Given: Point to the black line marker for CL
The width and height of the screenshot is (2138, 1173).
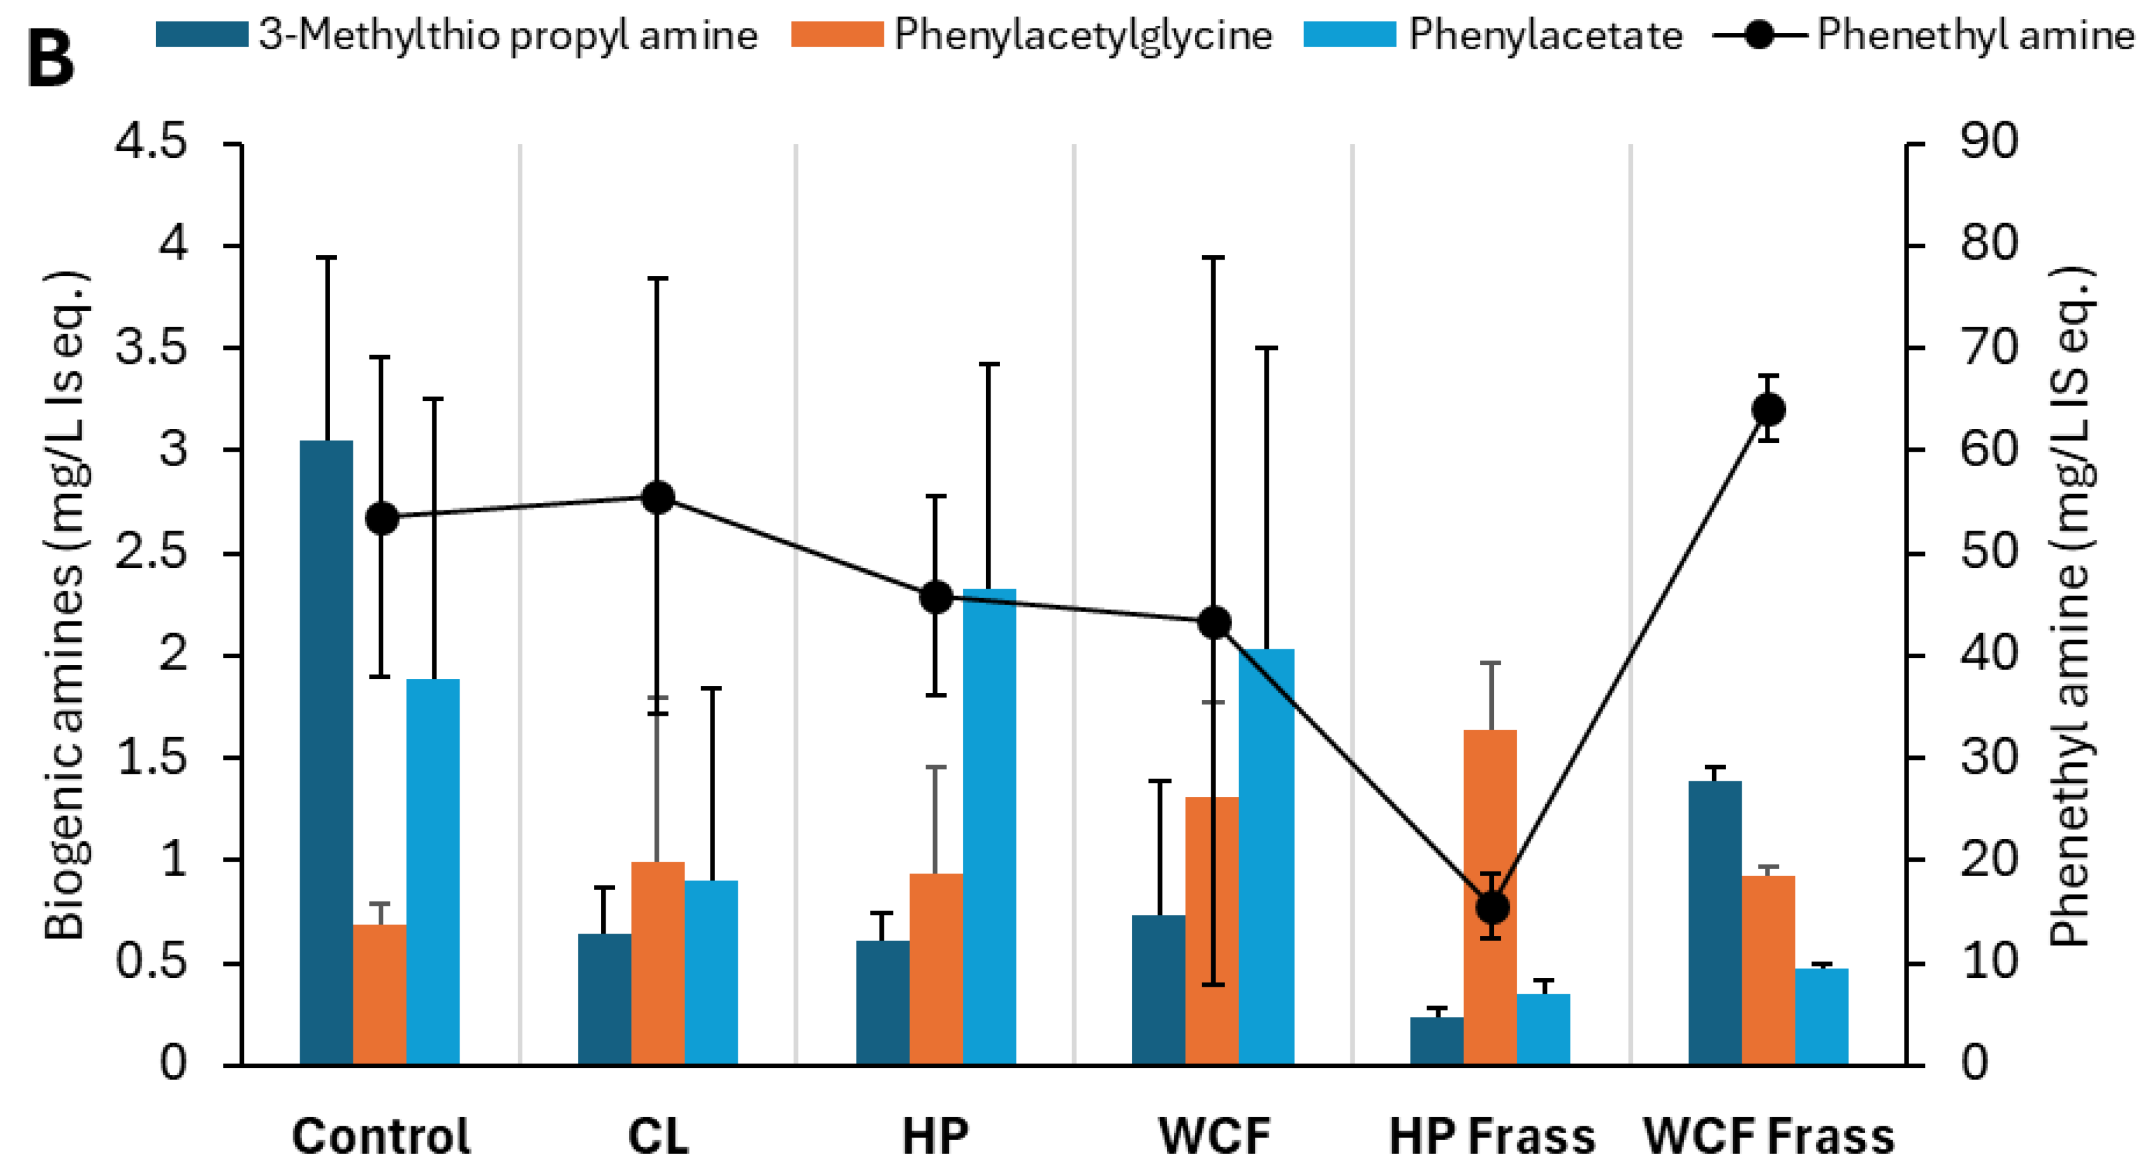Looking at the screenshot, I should pyautogui.click(x=658, y=498).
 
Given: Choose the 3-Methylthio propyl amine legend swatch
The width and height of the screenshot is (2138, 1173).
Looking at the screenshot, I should pyautogui.click(x=202, y=35).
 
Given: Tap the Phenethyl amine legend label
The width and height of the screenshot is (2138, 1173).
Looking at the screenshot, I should pyautogui.click(x=1976, y=35).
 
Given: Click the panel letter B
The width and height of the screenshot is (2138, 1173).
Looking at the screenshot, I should pyautogui.click(x=50, y=62).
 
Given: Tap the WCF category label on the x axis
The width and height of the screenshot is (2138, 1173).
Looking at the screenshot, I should pyautogui.click(x=1214, y=1136).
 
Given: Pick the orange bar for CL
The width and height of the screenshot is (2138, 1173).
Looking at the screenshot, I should pyautogui.click(x=657, y=962).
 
